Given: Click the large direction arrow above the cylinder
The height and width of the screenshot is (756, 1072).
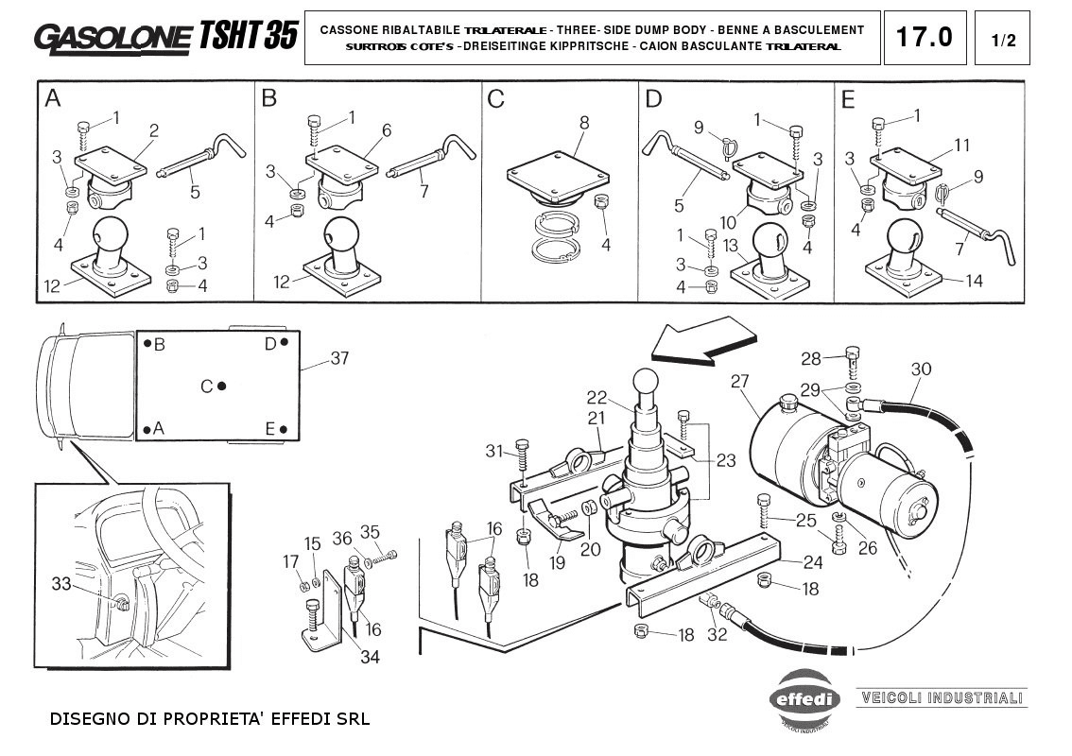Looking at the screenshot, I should (x=707, y=342).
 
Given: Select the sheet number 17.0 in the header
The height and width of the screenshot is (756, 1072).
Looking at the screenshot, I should (x=924, y=38).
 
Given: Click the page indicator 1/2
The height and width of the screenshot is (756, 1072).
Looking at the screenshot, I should (x=1004, y=40).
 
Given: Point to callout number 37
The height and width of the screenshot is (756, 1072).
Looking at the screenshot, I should (x=339, y=359).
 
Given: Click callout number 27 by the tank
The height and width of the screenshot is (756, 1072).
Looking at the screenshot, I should (x=739, y=381).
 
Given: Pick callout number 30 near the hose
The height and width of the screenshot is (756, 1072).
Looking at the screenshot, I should (x=921, y=369).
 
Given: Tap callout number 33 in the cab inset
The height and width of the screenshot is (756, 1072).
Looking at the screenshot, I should (x=61, y=584).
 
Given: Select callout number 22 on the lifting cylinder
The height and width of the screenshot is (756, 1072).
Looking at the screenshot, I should (x=596, y=397).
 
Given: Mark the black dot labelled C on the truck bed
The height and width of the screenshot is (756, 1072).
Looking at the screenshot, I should (x=221, y=386).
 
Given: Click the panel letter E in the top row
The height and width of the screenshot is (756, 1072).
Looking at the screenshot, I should (x=847, y=98).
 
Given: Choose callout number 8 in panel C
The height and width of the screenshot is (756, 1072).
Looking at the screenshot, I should (x=584, y=122).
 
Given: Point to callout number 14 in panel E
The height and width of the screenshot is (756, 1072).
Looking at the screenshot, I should (x=975, y=281).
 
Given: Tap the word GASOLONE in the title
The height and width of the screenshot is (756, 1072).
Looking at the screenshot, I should (x=112, y=37).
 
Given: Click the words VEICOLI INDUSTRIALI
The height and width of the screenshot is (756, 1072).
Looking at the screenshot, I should (x=941, y=698).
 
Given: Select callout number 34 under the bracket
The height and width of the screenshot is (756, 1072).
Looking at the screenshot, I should (x=370, y=657).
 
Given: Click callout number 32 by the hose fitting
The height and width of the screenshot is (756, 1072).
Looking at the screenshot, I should (x=718, y=634).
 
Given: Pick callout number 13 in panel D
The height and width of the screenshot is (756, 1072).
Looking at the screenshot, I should (x=730, y=246).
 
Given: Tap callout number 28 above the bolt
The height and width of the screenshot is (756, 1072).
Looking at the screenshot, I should (x=811, y=358).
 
